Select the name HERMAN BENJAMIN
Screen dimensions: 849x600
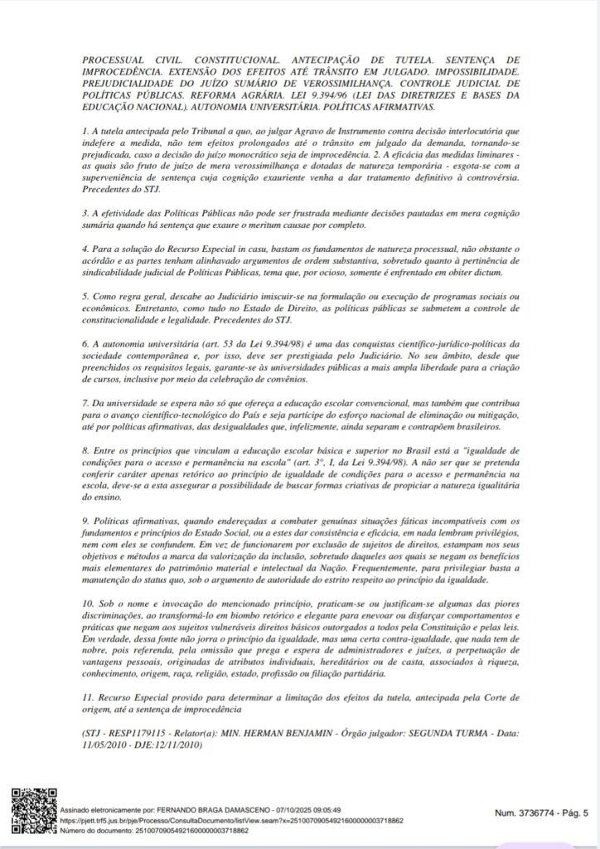tap(285, 735)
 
